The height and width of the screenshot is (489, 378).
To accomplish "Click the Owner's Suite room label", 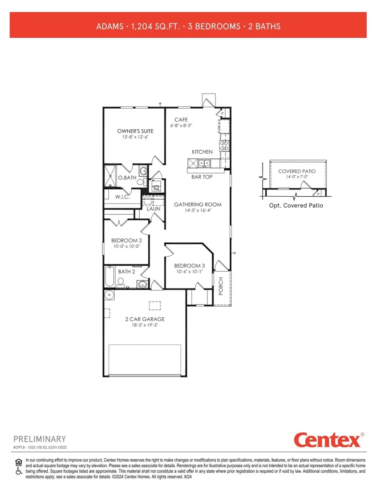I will pyautogui.click(x=133, y=131).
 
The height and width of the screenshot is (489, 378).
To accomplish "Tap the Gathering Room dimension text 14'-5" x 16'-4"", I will pyautogui.click(x=197, y=211).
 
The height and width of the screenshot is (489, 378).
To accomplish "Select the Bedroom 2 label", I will pyautogui.click(x=126, y=240).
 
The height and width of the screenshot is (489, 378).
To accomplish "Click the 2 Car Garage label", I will pyautogui.click(x=144, y=319).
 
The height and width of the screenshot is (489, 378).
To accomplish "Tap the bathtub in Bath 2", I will pyautogui.click(x=110, y=276).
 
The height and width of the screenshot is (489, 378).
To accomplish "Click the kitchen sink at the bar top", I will pyautogui.click(x=205, y=163).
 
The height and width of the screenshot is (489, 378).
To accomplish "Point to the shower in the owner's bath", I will pyautogui.click(x=111, y=175).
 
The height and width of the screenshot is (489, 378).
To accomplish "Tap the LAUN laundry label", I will pyautogui.click(x=153, y=208).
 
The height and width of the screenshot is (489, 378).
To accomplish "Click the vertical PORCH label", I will pyautogui.click(x=221, y=286).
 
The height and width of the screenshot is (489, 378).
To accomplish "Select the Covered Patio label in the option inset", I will pyautogui.click(x=297, y=172).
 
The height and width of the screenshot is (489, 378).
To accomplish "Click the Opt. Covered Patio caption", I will pyautogui.click(x=296, y=205).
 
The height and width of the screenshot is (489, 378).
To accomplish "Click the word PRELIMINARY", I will pyautogui.click(x=40, y=439).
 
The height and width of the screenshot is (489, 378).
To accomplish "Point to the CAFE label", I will pyautogui.click(x=181, y=120).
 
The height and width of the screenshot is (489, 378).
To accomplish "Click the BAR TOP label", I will pyautogui.click(x=202, y=177).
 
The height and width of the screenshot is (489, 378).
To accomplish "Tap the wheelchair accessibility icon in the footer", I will pyautogui.click(x=18, y=471).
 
